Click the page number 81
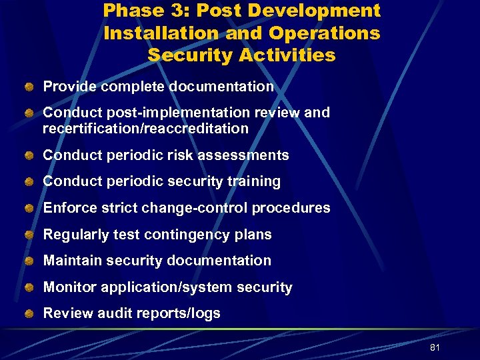pos(435,348)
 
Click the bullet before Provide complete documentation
pos(30,87)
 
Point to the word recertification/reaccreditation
pos(145,129)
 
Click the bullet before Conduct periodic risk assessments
pos(30,156)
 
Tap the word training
pos(254,181)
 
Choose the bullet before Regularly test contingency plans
pos(30,235)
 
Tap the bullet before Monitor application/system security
pos(30,287)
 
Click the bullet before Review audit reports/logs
pos(30,313)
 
